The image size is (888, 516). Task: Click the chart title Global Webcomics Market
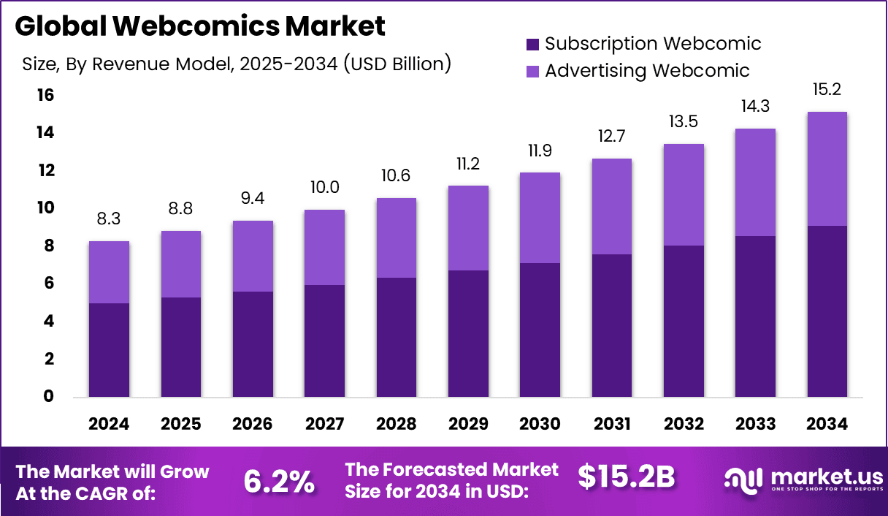(199, 26)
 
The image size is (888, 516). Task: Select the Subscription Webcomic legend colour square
(532, 45)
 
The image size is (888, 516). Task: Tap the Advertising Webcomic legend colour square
(532, 72)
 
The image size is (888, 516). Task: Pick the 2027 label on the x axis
(324, 425)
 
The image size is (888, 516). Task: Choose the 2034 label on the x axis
(827, 425)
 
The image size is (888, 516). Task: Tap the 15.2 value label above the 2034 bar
(827, 91)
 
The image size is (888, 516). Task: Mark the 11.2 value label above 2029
(467, 164)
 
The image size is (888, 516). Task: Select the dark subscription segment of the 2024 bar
(109, 350)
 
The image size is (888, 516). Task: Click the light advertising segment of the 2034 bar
(827, 169)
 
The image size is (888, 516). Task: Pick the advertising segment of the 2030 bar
(540, 218)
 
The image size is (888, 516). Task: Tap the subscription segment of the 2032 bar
(683, 322)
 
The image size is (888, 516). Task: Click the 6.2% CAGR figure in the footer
(278, 480)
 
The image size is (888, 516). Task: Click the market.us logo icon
(743, 479)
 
